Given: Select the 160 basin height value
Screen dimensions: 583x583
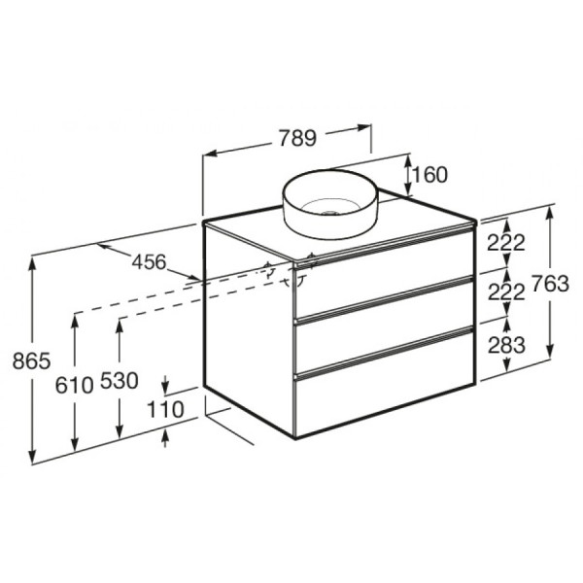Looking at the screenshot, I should [x=429, y=175].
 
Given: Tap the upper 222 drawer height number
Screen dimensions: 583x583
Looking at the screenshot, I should [x=506, y=243].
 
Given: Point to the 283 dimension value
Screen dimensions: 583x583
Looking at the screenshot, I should [x=506, y=345].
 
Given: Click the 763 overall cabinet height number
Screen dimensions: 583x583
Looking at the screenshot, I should [x=549, y=284].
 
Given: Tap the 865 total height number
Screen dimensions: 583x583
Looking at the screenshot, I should [x=30, y=360].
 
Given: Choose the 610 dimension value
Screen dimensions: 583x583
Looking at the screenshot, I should [x=74, y=383].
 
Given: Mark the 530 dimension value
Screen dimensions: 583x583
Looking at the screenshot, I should [x=119, y=382].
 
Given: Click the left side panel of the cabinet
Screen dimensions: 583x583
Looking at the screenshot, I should [x=249, y=330].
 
